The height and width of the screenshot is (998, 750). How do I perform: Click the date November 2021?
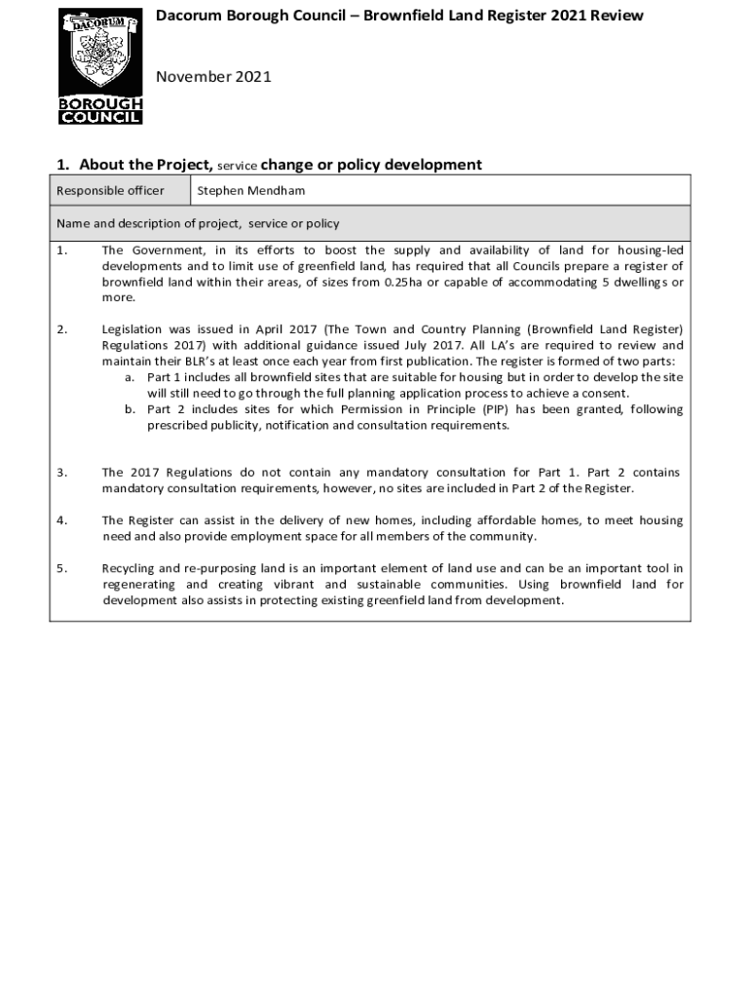click(214, 76)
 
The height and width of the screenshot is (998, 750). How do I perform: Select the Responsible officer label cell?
click(110, 190)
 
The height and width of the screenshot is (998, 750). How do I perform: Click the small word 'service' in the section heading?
click(237, 166)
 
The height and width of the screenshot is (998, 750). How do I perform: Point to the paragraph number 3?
click(61, 472)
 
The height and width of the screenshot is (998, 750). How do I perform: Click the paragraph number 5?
click(61, 567)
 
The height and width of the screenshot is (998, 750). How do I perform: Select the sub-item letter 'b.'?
click(130, 409)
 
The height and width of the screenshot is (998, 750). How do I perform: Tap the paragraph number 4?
click(61, 519)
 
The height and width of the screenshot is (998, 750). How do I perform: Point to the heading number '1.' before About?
click(64, 165)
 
